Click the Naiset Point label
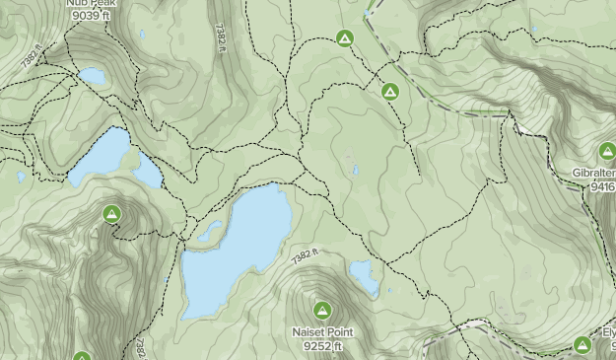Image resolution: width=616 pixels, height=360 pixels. point(321,332)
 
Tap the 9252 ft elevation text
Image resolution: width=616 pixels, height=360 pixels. point(321,346)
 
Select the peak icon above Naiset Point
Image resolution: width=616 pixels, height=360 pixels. point(321,310)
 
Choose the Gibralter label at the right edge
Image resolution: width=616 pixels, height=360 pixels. point(593,173)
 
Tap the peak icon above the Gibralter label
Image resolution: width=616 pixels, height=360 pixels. point(607,151)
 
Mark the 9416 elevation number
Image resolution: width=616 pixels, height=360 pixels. point(600,185)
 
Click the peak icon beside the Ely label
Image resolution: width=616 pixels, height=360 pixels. point(582,344)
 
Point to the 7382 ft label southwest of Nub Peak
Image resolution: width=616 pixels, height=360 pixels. point(32,57)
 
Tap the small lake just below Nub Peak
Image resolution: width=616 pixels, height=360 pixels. point(93,76)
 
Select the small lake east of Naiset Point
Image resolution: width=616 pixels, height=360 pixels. point(364,277)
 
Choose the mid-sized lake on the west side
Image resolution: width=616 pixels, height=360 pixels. point(113,155)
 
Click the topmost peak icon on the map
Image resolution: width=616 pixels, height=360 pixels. point(344,38)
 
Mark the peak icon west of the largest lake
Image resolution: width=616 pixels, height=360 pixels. point(111,213)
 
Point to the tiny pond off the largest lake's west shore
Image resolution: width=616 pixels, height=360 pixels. point(210,233)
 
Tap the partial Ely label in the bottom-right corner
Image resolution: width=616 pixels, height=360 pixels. point(608,333)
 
